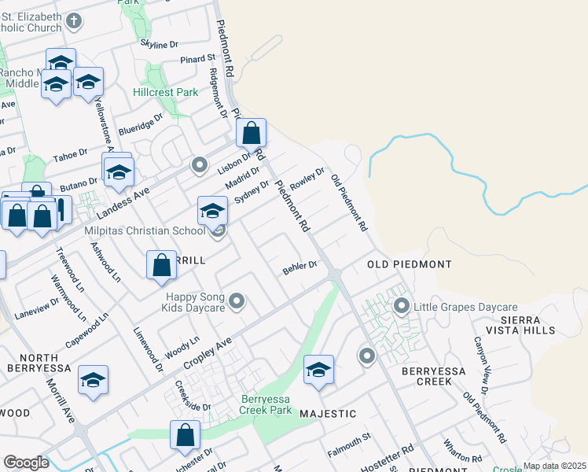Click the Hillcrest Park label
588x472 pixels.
pos(166,92)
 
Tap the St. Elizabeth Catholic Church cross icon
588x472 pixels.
pos(74,20)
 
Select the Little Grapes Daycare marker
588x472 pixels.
pos(402,306)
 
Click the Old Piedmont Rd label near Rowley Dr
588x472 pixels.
pos(349,202)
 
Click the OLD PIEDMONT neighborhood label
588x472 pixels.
pos(409,264)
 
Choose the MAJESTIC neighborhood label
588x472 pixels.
pos(328,413)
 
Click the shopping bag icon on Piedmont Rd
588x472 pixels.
pos(251,134)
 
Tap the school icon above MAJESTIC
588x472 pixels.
pos(318,370)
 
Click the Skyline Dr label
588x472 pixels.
pos(159,45)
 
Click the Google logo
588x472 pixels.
pos(26,463)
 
